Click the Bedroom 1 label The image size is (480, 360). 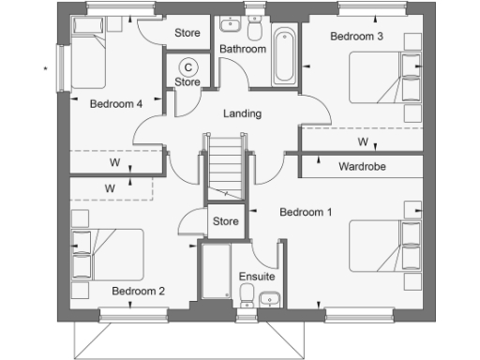306,213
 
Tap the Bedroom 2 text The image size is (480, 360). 138,292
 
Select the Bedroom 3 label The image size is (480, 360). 356,37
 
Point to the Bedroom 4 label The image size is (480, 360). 115,104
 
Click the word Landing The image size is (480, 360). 242,113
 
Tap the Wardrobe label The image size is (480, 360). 363,167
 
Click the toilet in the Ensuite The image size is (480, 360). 246,297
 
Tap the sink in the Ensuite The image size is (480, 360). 271,299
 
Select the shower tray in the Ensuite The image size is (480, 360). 217,272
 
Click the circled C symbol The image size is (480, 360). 187,67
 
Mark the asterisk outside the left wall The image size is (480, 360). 44,67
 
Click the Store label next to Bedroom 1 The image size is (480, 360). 225,222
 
